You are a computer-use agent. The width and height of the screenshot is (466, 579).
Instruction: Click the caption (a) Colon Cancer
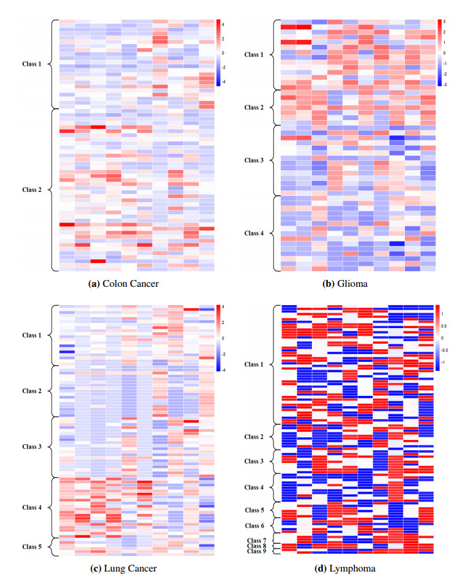(x=124, y=283)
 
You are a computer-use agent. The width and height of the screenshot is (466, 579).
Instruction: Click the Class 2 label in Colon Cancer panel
(x=31, y=189)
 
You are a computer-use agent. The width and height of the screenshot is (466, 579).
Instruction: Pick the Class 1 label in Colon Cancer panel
(x=31, y=64)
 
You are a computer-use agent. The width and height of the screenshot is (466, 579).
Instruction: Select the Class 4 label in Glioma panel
(x=254, y=233)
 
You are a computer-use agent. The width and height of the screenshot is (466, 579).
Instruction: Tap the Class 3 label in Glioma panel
(x=254, y=160)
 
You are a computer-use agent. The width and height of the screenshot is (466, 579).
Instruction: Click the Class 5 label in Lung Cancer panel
(x=32, y=546)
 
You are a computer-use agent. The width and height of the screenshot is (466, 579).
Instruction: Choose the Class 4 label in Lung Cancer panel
(x=32, y=507)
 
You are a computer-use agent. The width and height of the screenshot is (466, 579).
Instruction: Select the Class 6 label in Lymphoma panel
(x=254, y=525)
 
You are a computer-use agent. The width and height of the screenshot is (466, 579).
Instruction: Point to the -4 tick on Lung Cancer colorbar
(x=225, y=370)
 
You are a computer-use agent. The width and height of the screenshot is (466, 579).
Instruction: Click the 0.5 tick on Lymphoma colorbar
(x=444, y=325)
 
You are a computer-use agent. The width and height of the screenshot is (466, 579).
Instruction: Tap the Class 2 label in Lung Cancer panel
(x=32, y=391)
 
